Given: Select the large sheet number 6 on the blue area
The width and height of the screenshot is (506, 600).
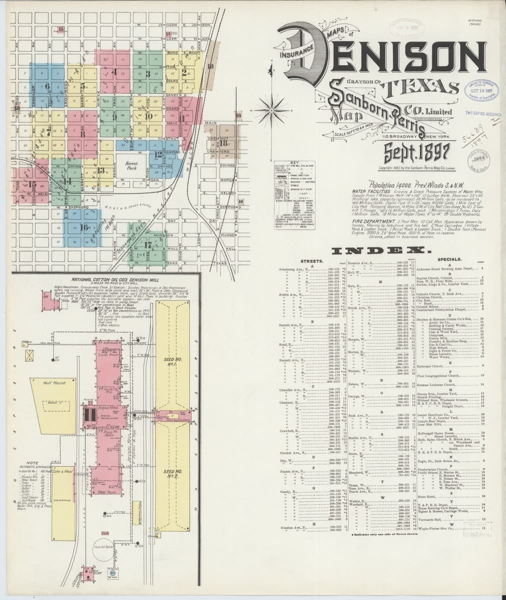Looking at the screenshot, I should [48, 86].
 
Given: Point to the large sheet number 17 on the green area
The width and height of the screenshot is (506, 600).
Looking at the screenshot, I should [147, 245].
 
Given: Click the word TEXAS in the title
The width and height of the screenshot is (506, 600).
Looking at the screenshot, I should [420, 87].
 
